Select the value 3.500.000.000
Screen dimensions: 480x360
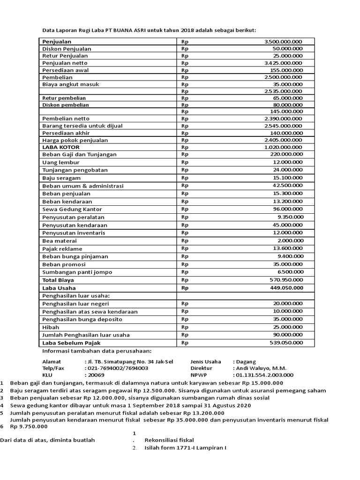click(x=283, y=42)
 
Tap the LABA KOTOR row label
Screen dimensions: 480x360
click(x=61, y=147)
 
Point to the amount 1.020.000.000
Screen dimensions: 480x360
click(x=283, y=147)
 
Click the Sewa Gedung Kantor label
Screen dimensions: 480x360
click(x=72, y=209)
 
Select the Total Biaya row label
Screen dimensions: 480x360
click(x=58, y=280)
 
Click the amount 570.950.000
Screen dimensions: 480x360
click(x=286, y=280)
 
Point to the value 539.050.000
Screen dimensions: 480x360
click(x=286, y=343)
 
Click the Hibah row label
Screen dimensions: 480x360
click(x=51, y=327)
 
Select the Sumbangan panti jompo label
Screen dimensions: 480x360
click(x=77, y=272)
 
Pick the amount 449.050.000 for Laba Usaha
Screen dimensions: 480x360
click(x=286, y=288)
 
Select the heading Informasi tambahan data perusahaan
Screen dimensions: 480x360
click(x=97, y=351)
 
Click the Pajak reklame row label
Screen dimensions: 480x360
click(x=62, y=248)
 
